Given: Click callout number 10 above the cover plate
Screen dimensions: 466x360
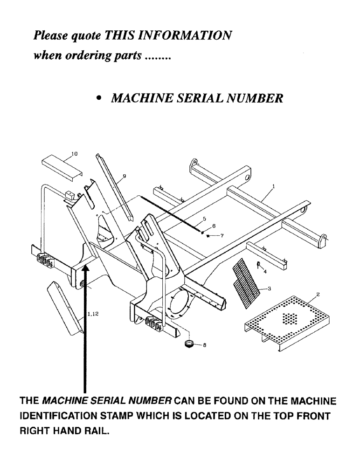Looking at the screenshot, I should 75,153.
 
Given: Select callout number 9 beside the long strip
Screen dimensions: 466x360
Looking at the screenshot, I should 125,176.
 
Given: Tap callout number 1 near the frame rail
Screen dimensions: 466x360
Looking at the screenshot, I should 273,185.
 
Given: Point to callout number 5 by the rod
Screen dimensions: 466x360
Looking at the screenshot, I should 204,219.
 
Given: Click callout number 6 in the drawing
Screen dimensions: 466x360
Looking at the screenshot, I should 214,226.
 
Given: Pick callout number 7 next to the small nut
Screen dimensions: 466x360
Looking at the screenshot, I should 222,236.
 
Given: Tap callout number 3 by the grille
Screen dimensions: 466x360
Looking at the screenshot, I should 270,289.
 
